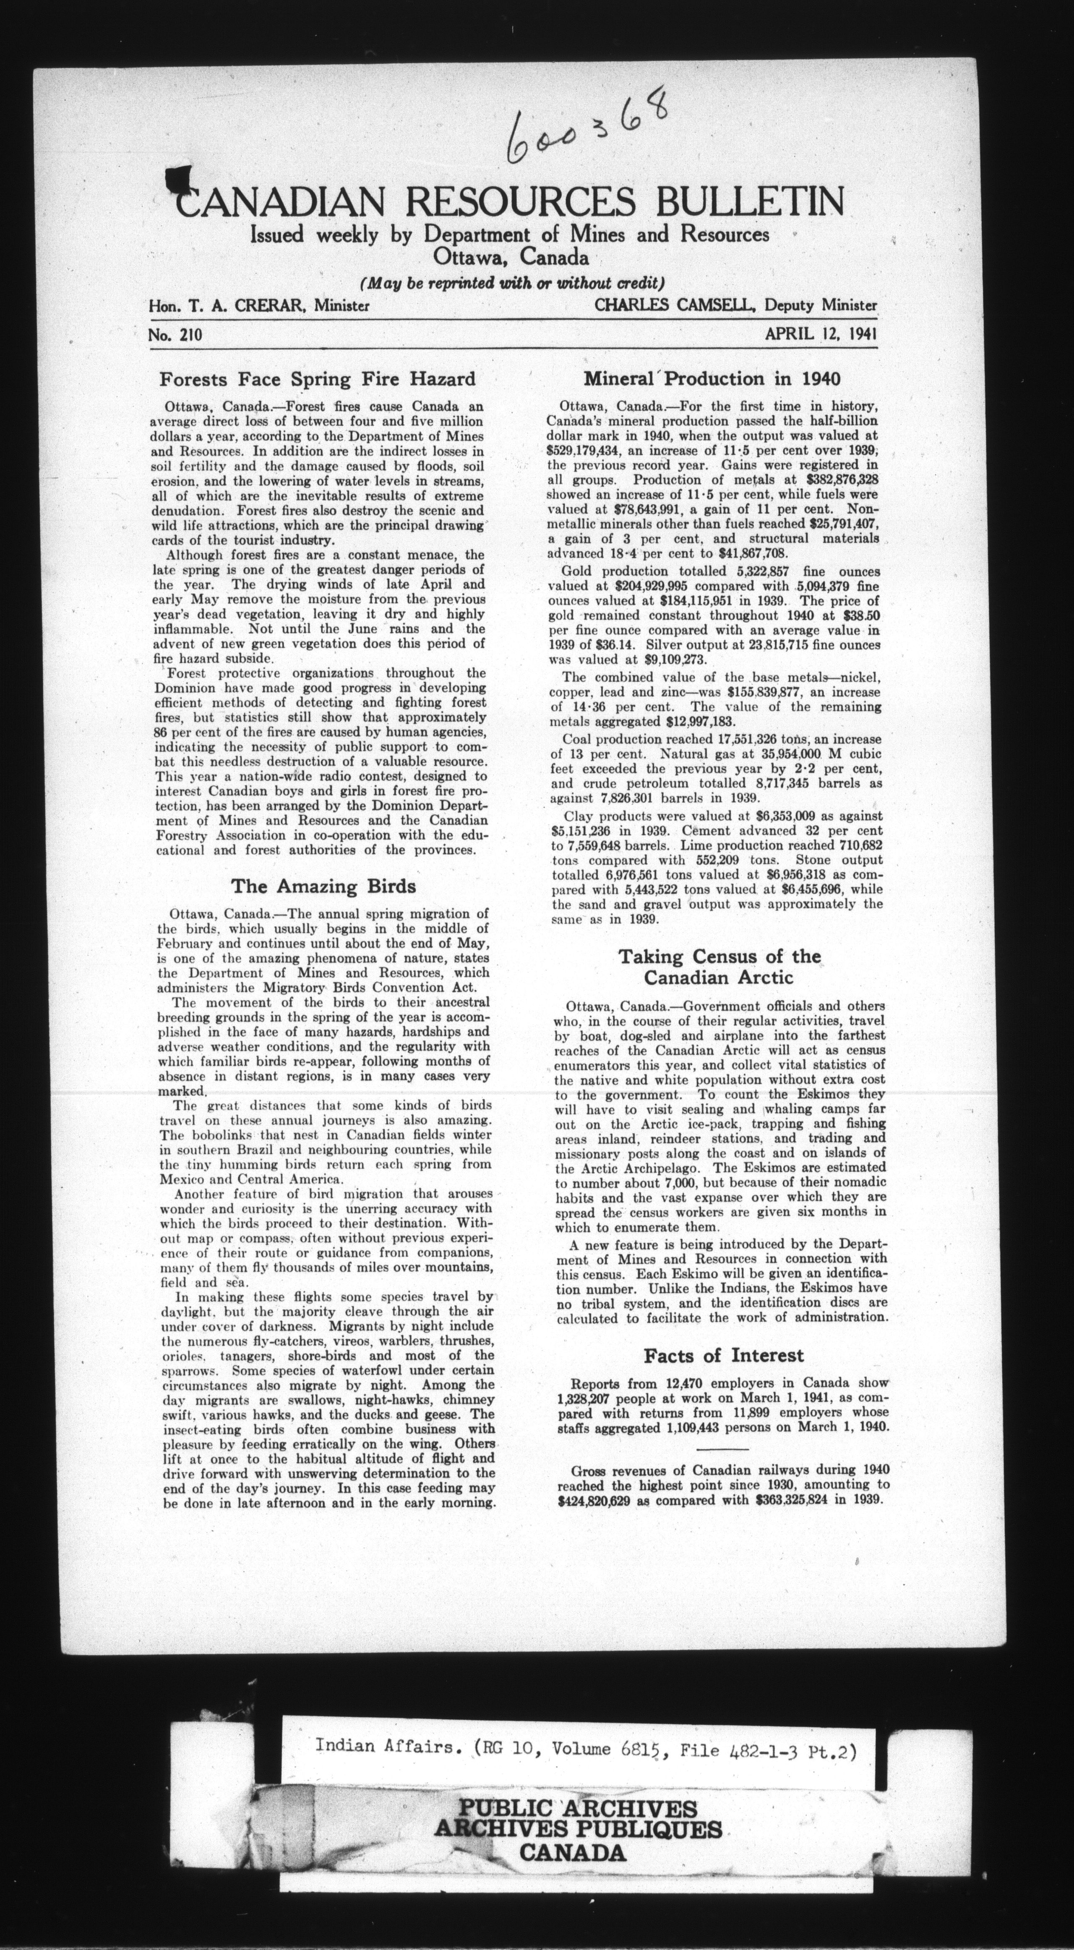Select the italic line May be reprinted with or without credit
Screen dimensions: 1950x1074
[x=512, y=284]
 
